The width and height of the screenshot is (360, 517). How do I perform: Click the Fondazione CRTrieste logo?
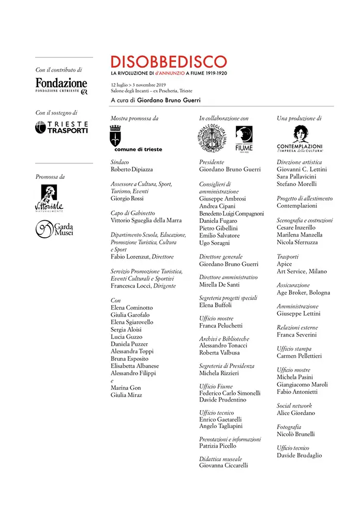[x=61, y=85]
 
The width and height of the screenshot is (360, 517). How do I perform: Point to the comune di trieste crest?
[x=116, y=138]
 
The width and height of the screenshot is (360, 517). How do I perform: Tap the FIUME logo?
[x=244, y=139]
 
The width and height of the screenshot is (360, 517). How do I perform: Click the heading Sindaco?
[x=120, y=162]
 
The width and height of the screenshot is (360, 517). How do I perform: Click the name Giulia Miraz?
[x=126, y=395]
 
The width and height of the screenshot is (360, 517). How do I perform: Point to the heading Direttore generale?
[x=221, y=256]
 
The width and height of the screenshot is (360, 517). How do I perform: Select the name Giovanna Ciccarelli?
[x=223, y=465]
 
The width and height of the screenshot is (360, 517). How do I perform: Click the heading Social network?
[x=294, y=406]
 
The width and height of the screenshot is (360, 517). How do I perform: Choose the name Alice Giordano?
[x=296, y=413]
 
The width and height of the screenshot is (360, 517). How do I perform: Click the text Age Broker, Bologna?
[x=303, y=293]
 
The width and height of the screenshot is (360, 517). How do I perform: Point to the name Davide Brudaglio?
[x=299, y=455]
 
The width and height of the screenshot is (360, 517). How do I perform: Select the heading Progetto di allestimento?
[x=305, y=199]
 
